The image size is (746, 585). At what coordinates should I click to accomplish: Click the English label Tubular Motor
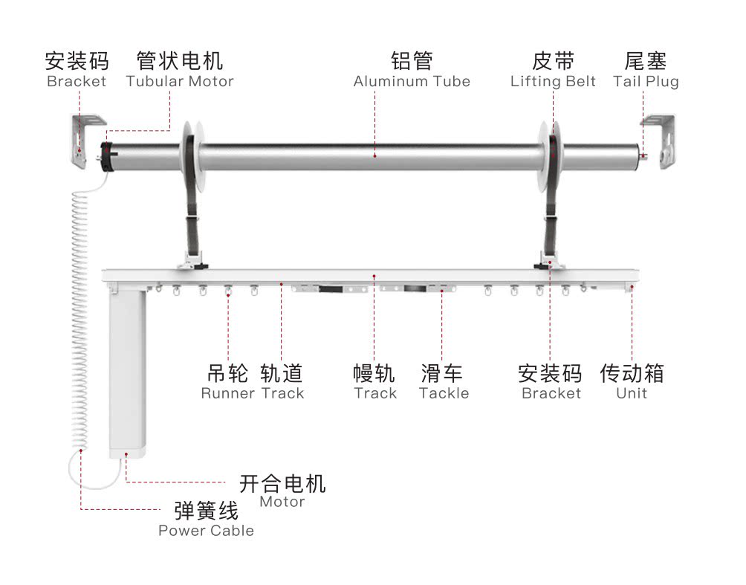[180, 82]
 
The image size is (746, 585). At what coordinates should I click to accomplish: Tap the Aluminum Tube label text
[412, 82]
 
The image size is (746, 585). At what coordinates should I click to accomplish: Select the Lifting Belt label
[553, 82]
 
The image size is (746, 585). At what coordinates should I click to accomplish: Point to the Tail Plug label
[646, 82]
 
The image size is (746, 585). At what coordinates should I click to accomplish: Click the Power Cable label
[206, 530]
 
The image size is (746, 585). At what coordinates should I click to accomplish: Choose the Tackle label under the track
[444, 393]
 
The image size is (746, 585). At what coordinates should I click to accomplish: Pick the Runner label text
[228, 393]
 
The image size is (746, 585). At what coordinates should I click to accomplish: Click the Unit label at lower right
[632, 393]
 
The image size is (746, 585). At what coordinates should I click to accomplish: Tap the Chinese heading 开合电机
[282, 484]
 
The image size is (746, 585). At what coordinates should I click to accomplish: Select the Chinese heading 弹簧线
[206, 511]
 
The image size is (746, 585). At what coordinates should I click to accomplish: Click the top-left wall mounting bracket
[85, 141]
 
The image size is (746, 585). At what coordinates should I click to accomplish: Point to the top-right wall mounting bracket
[660, 141]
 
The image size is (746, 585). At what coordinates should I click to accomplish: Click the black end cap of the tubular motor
[106, 157]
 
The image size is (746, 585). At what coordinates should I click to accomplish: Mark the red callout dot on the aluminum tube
[375, 155]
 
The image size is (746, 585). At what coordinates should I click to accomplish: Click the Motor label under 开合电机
[282, 501]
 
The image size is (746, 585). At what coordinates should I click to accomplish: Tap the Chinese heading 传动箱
[632, 373]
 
